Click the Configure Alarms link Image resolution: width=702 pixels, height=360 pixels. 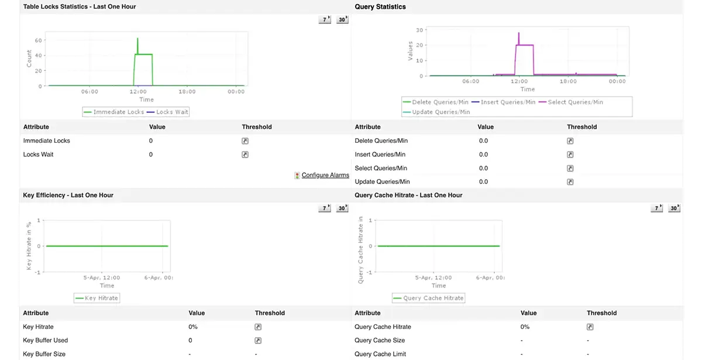coord(325,175)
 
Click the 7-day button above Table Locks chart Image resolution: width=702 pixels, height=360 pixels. coord(325,20)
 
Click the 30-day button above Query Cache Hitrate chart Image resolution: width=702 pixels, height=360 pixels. coord(674,208)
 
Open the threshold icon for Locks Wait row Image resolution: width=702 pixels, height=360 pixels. coord(245,155)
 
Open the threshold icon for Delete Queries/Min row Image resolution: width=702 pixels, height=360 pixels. coord(570,141)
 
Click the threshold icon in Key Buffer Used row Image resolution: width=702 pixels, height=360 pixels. coord(258,341)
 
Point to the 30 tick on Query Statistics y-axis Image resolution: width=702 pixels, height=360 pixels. coord(419,30)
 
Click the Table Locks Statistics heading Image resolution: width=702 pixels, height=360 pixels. coord(80,6)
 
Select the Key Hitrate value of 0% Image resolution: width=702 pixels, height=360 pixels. coord(193,327)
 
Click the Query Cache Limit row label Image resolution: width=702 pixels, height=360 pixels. coord(380,354)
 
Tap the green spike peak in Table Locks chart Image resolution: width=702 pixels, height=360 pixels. coord(137,39)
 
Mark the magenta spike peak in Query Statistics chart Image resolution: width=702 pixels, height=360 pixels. coord(518,33)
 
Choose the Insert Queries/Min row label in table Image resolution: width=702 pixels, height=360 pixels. coord(380,155)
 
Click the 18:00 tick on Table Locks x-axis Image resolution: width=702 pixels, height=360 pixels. coord(187,92)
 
